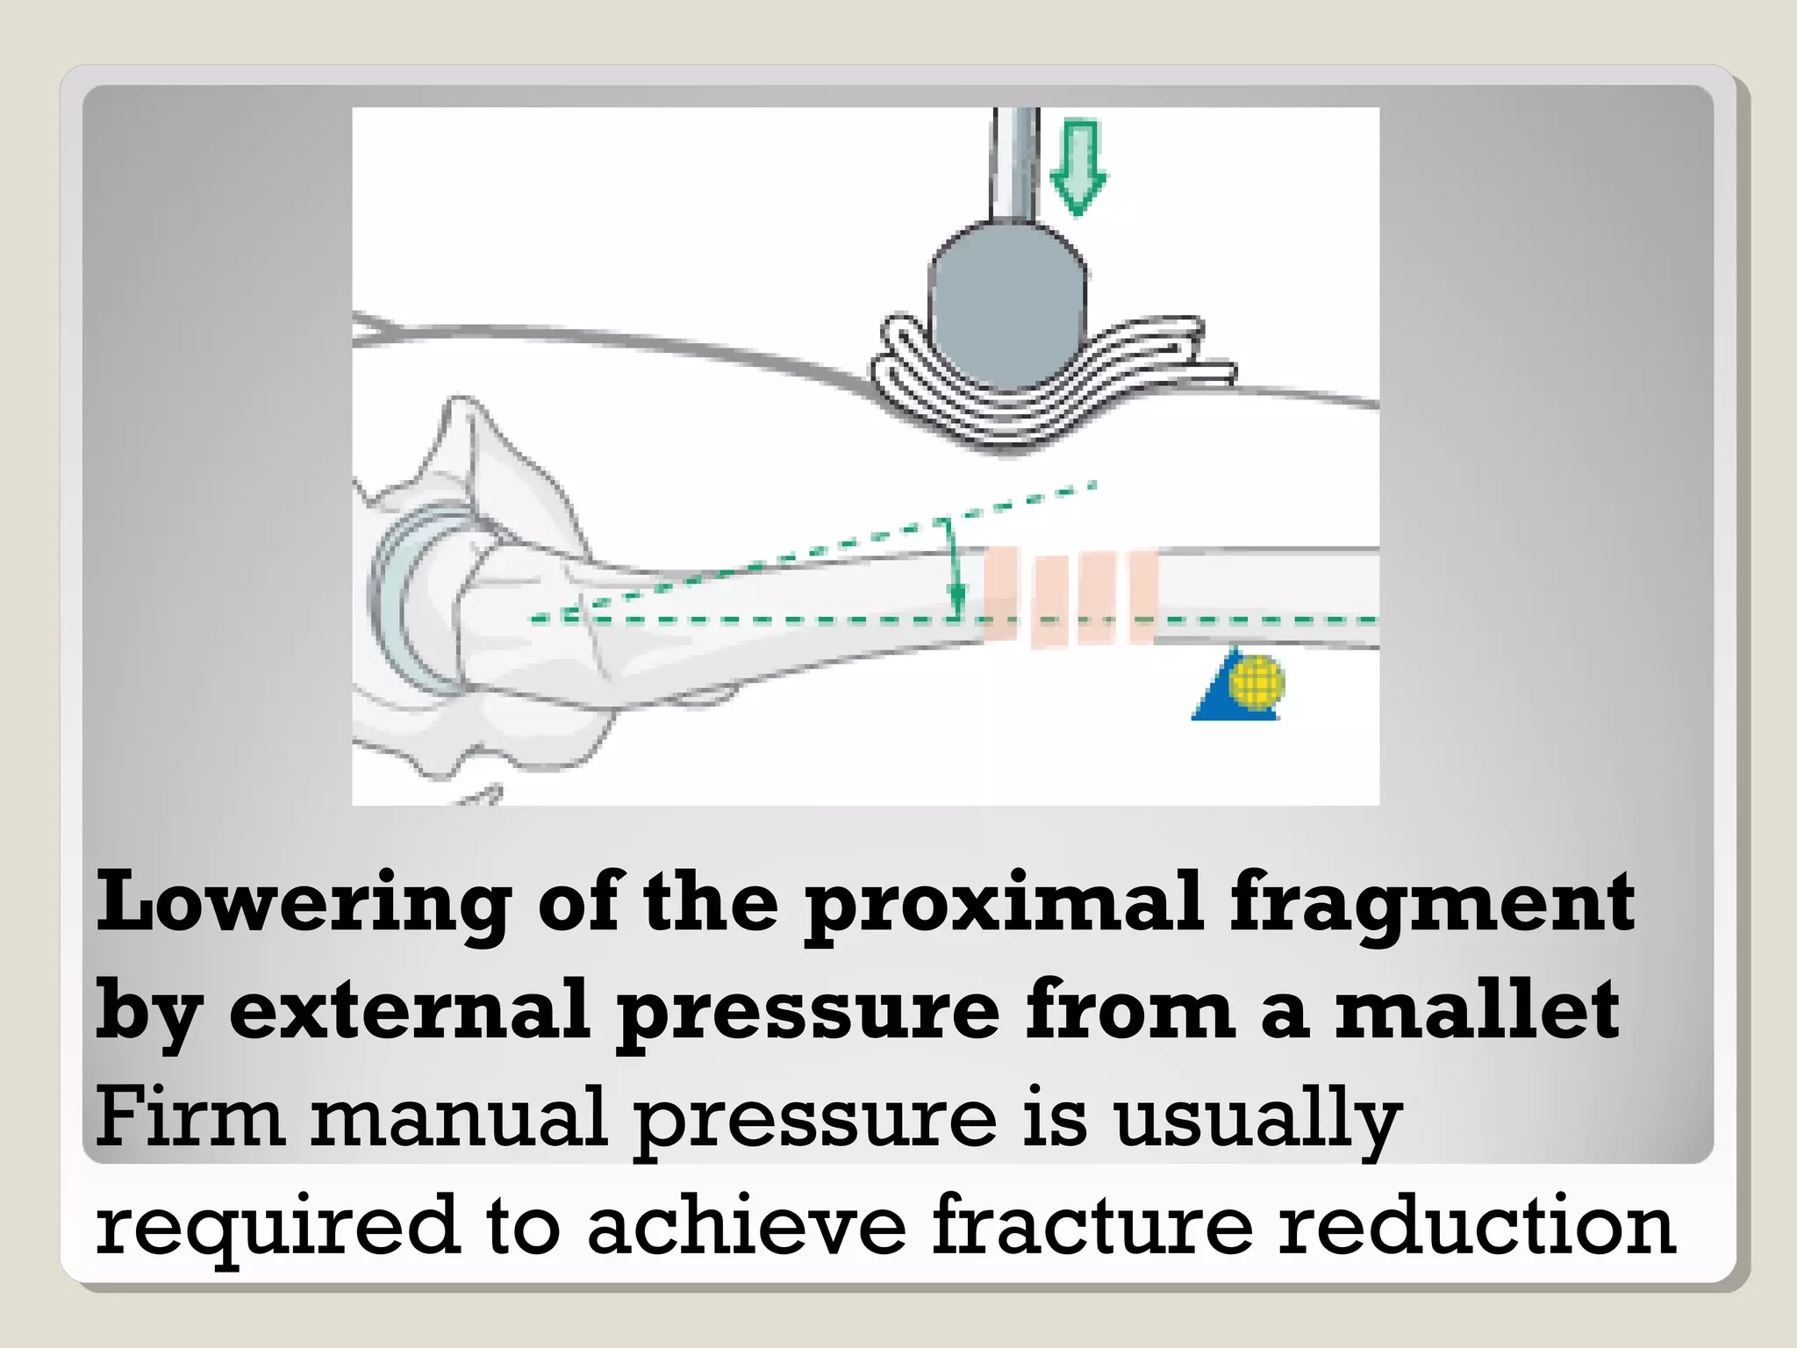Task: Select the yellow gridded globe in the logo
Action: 1256,681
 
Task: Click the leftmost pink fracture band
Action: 1000,595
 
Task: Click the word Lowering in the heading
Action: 303,904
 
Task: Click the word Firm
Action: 190,1118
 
